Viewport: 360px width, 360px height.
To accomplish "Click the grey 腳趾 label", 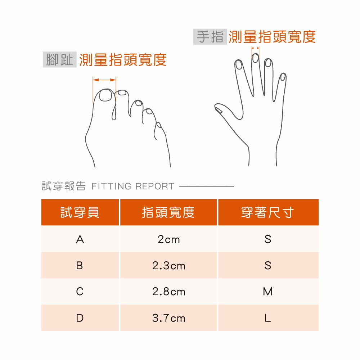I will click(x=59, y=60).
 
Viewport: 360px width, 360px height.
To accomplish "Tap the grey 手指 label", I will click(x=210, y=37).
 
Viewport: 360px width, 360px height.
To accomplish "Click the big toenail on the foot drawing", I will click(x=105, y=95).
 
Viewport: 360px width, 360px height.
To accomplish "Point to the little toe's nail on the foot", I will click(x=159, y=125).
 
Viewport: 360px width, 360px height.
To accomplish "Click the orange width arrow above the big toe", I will click(x=104, y=80).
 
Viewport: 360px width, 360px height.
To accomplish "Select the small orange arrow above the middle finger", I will click(x=255, y=48).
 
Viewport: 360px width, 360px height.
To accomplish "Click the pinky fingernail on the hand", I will click(x=283, y=77).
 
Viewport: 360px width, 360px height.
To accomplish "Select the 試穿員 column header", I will click(x=80, y=212).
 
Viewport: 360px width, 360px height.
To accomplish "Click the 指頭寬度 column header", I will click(x=168, y=212).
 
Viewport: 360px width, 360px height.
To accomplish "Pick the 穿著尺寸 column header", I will click(x=268, y=212).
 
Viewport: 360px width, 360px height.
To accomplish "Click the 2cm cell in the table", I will click(x=168, y=239).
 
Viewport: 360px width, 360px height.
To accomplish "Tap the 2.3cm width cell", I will click(x=168, y=266).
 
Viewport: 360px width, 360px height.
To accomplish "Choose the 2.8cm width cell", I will click(x=168, y=292).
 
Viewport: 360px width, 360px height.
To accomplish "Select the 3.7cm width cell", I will click(x=168, y=318).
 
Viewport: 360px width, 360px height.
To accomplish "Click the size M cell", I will click(x=268, y=292).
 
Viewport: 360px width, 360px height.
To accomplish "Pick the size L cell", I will click(x=268, y=318).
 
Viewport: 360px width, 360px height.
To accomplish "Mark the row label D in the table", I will click(x=80, y=318).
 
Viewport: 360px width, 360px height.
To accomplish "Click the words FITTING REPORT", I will click(x=133, y=186).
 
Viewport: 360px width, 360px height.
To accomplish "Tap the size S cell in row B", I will click(x=268, y=266).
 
